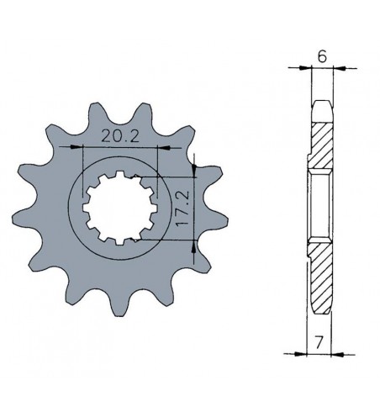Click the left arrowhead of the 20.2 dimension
(87, 148)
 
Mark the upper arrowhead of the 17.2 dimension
(195, 173)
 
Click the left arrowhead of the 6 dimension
(307, 67)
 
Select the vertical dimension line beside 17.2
(195, 208)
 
